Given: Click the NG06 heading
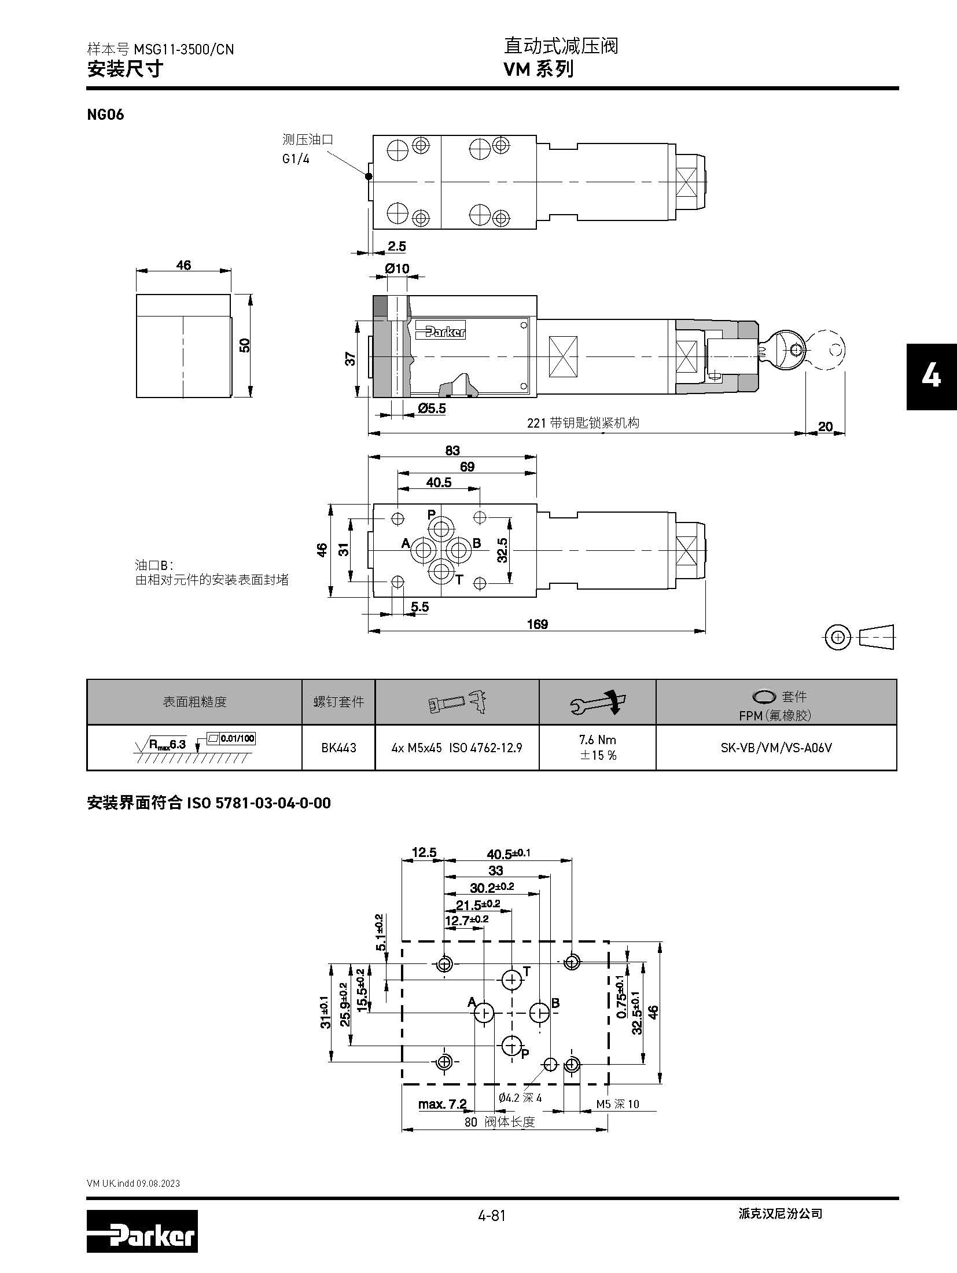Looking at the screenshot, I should pos(105,115).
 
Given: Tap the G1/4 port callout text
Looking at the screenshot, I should pos(296,159).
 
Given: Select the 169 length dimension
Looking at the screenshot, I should pos(537,624).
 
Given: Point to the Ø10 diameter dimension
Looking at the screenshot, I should pos(397,268).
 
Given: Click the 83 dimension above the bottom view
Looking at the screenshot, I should pos(452,450).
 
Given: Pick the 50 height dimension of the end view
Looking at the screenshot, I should pos(245,345).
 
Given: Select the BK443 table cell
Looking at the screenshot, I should pos(338,748).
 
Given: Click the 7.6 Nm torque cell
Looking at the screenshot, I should pos(598,747).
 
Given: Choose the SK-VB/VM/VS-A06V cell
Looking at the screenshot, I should pos(776,748).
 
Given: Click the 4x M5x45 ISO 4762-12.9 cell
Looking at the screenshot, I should pos(457,748).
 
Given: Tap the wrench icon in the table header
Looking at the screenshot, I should pos(598,702).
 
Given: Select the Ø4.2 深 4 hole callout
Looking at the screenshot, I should pos(520,1098).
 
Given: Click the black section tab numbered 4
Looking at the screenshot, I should pos(931,377).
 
